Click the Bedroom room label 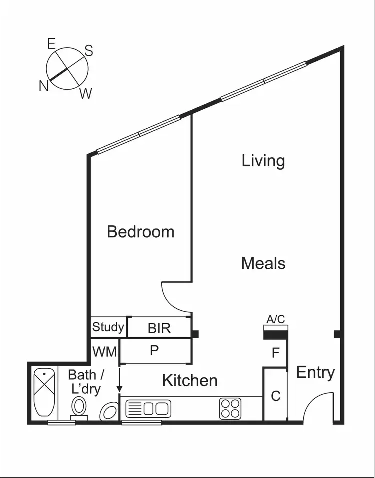tap(141, 232)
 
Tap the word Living tap(263, 161)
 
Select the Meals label tap(263, 263)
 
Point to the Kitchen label tap(190, 381)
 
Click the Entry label tap(315, 372)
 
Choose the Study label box tap(108, 328)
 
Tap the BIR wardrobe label tap(159, 328)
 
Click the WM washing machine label tap(105, 352)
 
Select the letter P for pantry tap(154, 351)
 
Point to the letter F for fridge tap(275, 354)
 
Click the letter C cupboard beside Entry tap(275, 396)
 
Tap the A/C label tap(276, 319)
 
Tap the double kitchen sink tap(148, 409)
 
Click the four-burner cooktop tap(230, 408)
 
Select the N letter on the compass tap(44, 86)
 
